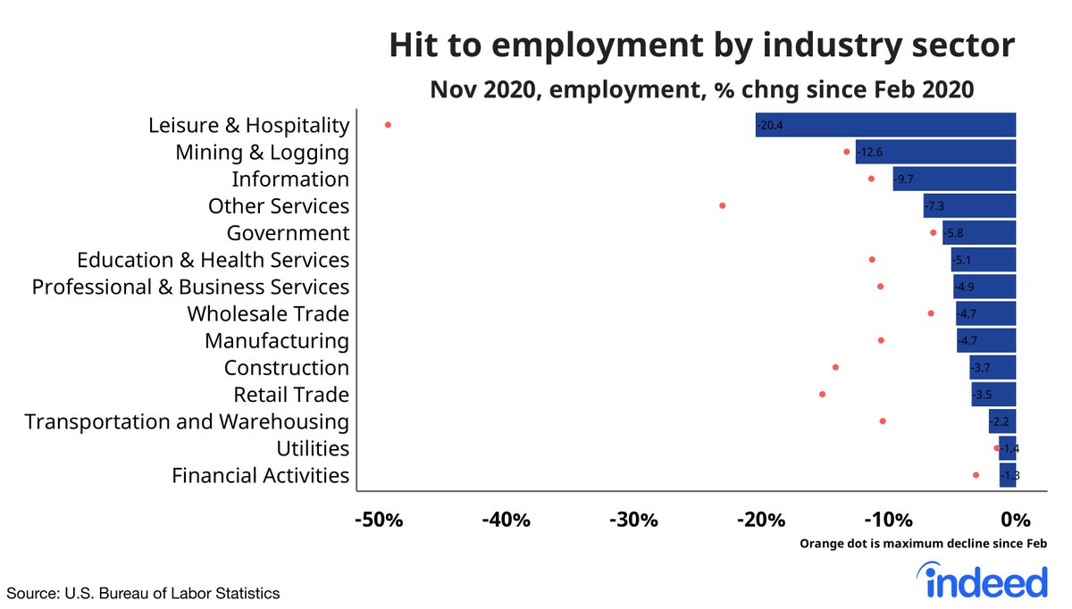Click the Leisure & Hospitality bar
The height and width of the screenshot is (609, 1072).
(x=884, y=125)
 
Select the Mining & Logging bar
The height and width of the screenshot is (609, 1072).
(x=934, y=152)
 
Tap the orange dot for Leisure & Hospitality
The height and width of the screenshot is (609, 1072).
(x=388, y=125)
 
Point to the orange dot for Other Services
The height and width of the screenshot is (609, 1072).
(x=722, y=205)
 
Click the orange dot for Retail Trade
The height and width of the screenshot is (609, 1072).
(x=822, y=394)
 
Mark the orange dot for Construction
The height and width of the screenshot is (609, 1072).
(x=835, y=367)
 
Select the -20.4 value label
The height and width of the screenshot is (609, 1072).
(x=769, y=126)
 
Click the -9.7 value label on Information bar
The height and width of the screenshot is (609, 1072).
(x=904, y=179)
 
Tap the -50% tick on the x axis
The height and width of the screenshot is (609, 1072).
(x=379, y=520)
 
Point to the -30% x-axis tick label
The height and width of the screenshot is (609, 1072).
(x=635, y=520)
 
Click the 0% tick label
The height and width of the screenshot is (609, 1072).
(x=1017, y=520)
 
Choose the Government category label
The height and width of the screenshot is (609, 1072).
(x=287, y=233)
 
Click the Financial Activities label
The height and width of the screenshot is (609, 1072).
(x=260, y=475)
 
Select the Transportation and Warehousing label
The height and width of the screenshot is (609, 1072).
(x=187, y=421)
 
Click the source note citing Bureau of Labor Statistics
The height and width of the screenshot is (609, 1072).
(x=144, y=593)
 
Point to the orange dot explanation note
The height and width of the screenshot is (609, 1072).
(x=923, y=543)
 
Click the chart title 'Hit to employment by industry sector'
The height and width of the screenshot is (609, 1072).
(x=701, y=46)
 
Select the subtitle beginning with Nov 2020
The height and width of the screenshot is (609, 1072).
(x=701, y=90)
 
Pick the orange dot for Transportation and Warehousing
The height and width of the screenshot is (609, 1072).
(x=883, y=421)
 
